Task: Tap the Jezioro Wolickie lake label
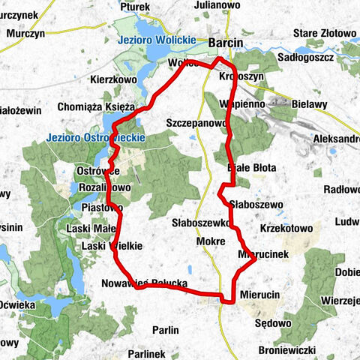click(x=157, y=40)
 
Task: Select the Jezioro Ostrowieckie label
click(x=94, y=138)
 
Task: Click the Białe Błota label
click(x=253, y=167)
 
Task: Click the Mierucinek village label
click(x=262, y=254)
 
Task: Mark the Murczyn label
click(x=26, y=34)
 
